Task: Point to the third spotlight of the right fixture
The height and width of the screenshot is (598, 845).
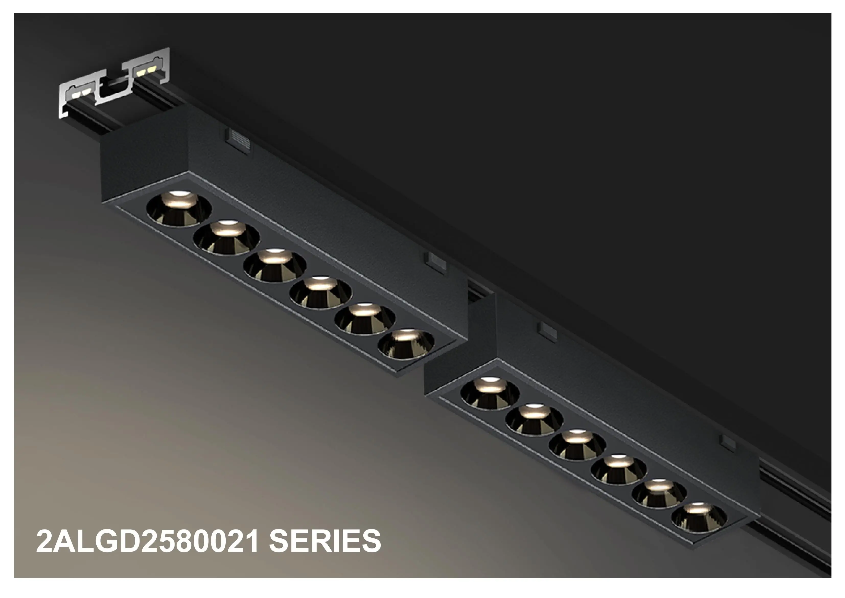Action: point(577,445)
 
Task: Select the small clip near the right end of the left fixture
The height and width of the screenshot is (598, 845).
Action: point(436,262)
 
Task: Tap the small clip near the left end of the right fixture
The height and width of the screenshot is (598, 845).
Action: point(547,330)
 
